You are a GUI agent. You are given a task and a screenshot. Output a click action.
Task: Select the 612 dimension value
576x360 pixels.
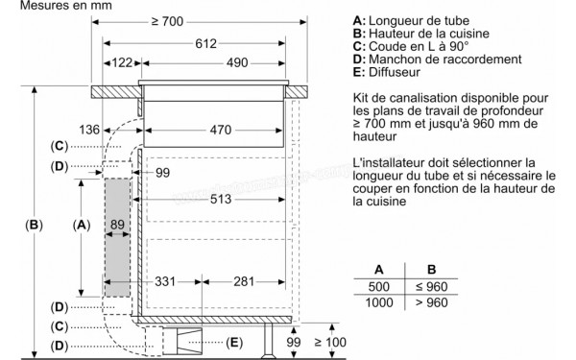point(202,43)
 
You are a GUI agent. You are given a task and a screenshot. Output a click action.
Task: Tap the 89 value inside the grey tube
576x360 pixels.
point(118,224)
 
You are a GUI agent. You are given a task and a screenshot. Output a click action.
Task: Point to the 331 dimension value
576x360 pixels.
point(166,282)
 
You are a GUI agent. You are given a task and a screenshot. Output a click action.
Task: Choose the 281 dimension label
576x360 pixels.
point(243,282)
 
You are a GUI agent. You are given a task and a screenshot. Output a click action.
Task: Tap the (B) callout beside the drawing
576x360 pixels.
point(35,226)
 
